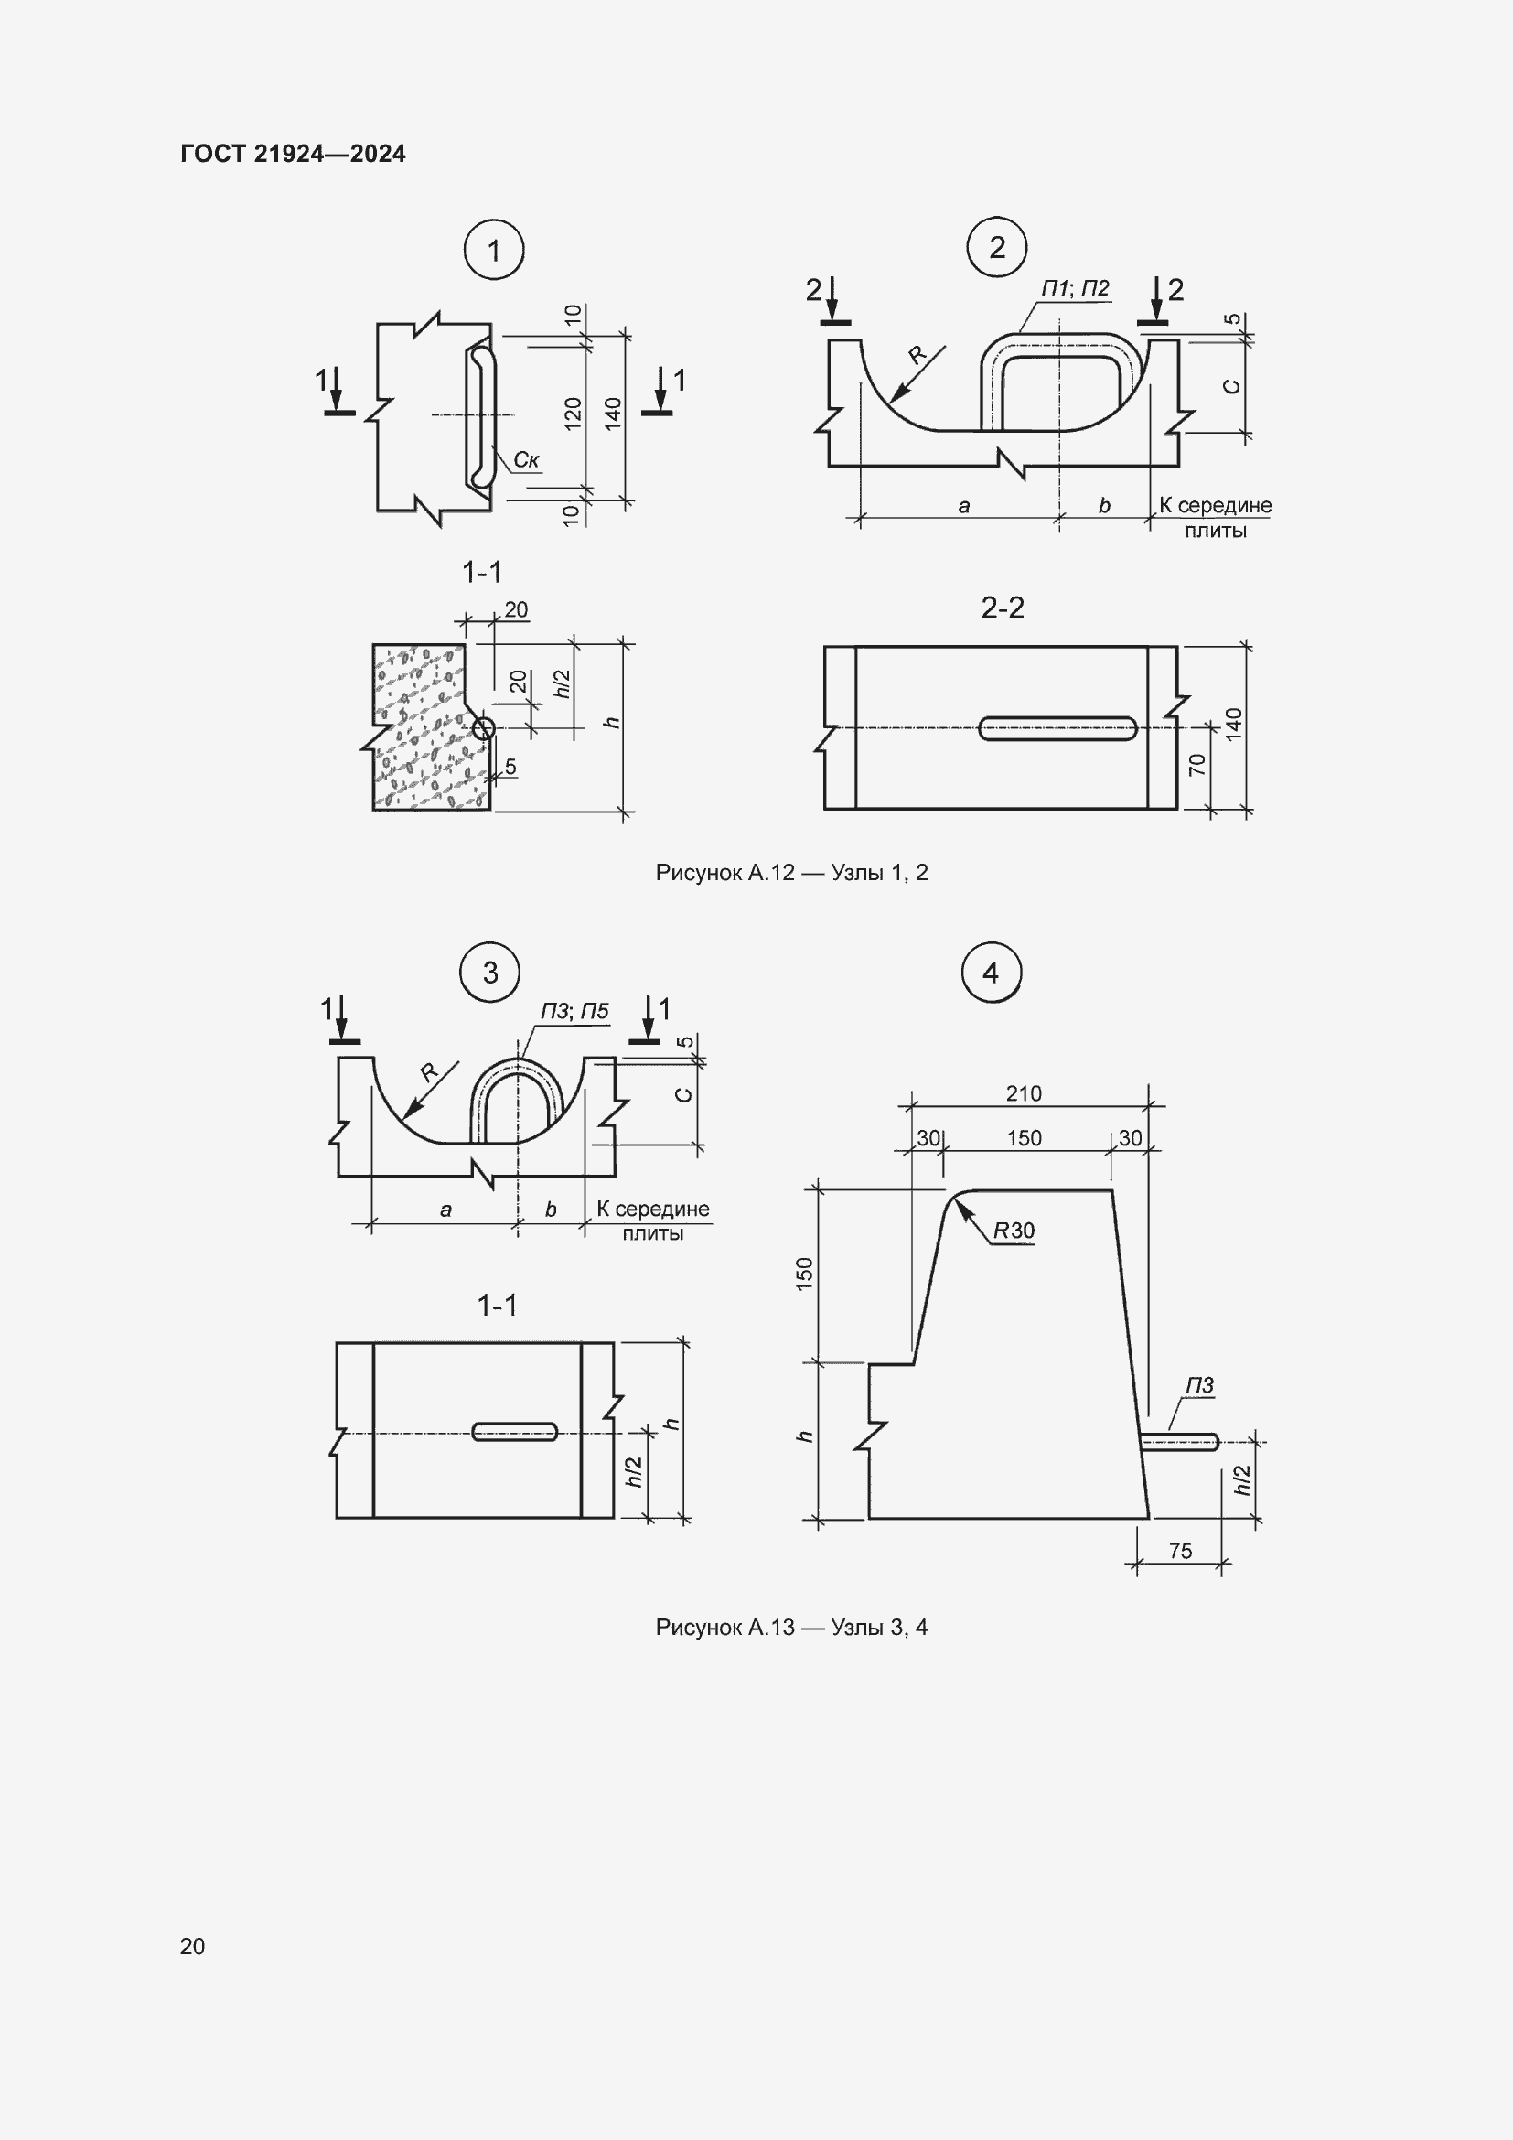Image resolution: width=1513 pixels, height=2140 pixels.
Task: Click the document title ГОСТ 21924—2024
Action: [x=293, y=154]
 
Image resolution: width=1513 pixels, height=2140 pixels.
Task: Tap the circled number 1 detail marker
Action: [x=494, y=250]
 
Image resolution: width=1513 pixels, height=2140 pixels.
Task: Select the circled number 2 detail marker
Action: [x=997, y=247]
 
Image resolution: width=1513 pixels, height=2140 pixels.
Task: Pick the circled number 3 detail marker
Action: [x=491, y=973]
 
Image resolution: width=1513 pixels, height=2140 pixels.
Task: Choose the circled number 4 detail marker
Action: [x=991, y=973]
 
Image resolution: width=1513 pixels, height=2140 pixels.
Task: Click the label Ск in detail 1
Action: [x=526, y=459]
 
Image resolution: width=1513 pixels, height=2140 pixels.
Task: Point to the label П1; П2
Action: [x=1075, y=288]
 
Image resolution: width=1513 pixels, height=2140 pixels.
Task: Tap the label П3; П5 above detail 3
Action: [x=574, y=1011]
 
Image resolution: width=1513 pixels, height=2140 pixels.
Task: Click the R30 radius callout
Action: [x=1014, y=1231]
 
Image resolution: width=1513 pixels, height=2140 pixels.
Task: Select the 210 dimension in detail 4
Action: [x=1024, y=1093]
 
